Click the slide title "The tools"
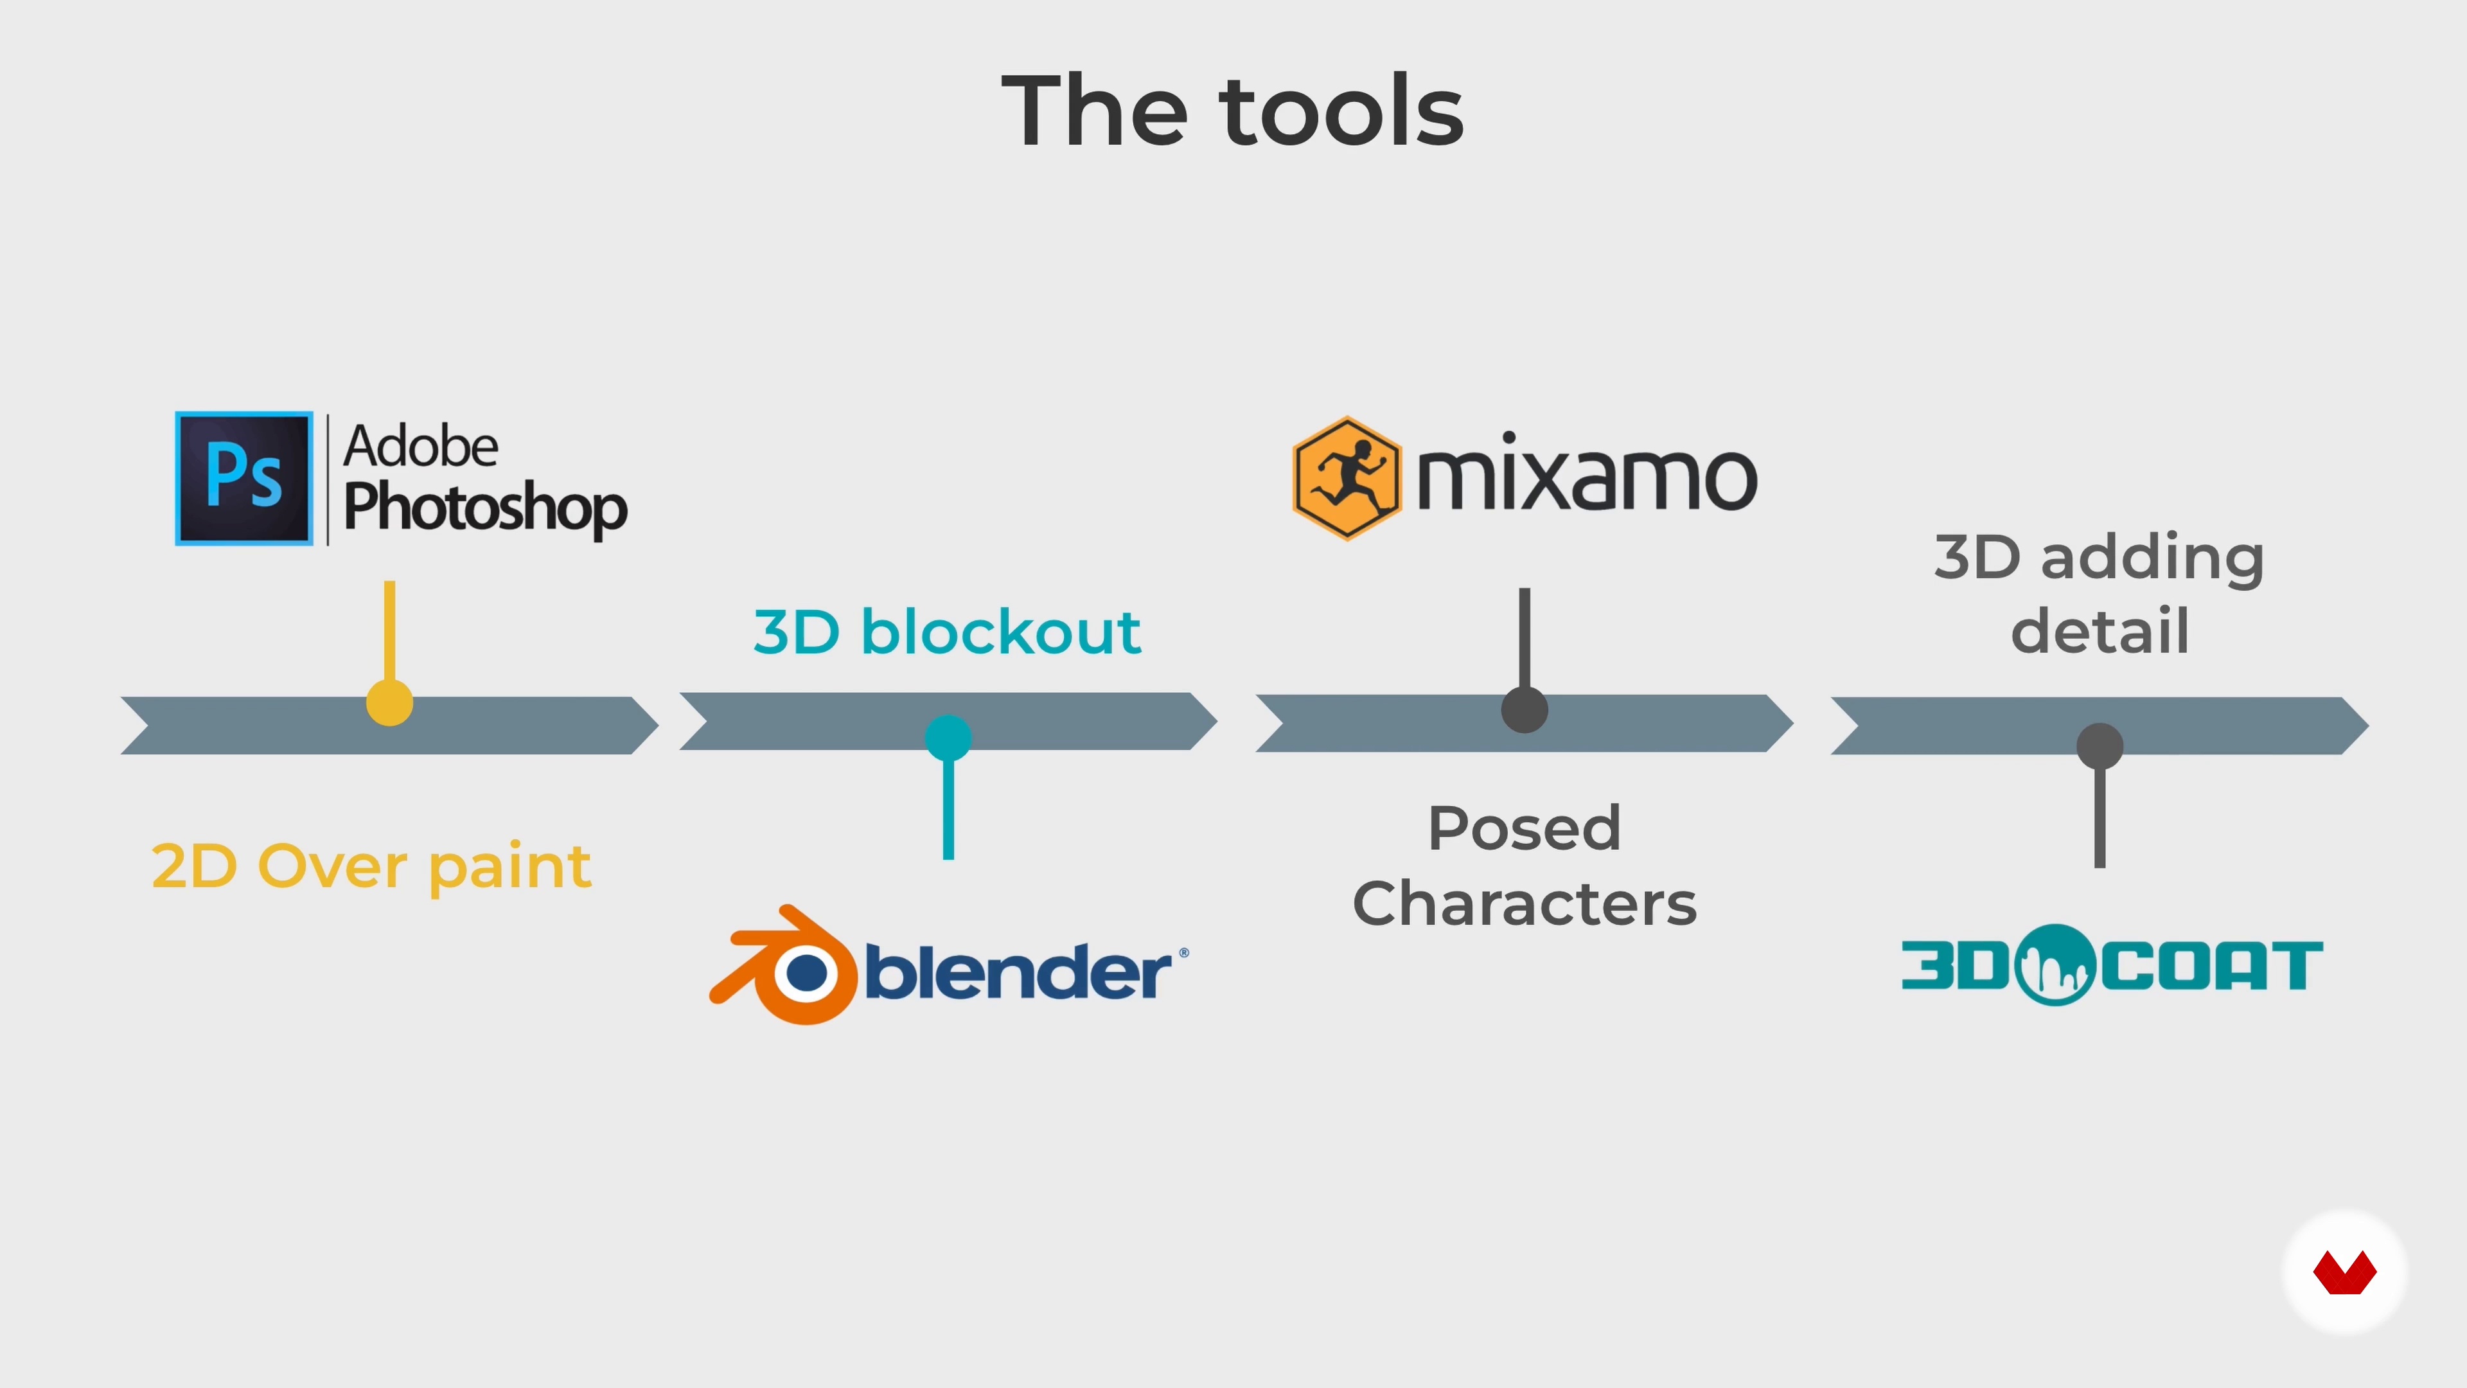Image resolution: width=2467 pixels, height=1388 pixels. (x=1233, y=111)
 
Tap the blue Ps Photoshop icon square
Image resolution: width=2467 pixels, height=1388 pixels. (x=244, y=478)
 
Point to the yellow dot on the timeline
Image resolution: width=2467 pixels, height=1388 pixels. (x=389, y=703)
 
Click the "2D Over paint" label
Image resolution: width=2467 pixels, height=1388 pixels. (x=371, y=866)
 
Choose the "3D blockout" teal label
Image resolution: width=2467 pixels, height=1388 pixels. (x=947, y=632)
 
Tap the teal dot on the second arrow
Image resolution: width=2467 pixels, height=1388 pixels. (x=948, y=738)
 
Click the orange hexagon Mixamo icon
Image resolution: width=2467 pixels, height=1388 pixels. (x=1347, y=478)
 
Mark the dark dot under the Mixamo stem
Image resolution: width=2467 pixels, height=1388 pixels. (x=1525, y=710)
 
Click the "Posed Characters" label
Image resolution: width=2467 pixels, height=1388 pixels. (x=1525, y=865)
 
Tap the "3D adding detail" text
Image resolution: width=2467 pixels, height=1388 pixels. (x=2100, y=594)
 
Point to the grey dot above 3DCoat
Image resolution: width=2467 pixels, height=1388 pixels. (x=2100, y=746)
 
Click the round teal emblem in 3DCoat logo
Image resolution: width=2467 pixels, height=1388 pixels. (x=2055, y=965)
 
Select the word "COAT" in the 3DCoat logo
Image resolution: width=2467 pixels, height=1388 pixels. (x=2212, y=966)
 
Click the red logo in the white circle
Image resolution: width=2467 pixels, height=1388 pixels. (x=2344, y=1272)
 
